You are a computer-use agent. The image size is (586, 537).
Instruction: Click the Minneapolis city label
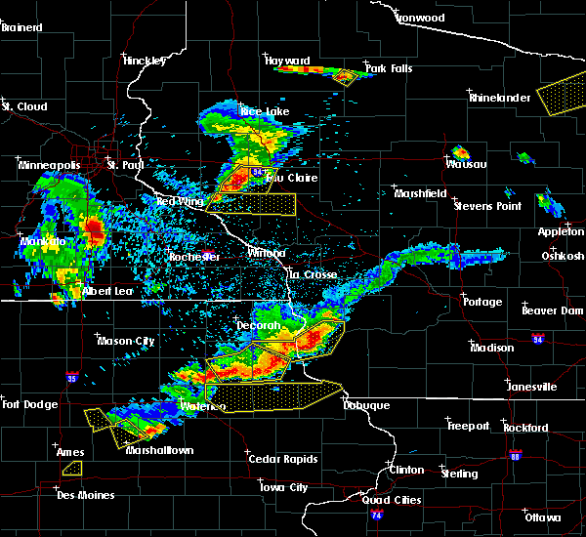point(48,165)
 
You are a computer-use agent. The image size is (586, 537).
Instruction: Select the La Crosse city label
point(313,274)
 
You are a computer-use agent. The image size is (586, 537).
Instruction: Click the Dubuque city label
point(366,405)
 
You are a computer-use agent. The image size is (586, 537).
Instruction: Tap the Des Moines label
point(85,495)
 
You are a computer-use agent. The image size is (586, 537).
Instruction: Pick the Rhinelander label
point(499,98)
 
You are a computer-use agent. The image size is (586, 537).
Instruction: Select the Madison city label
point(491,348)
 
